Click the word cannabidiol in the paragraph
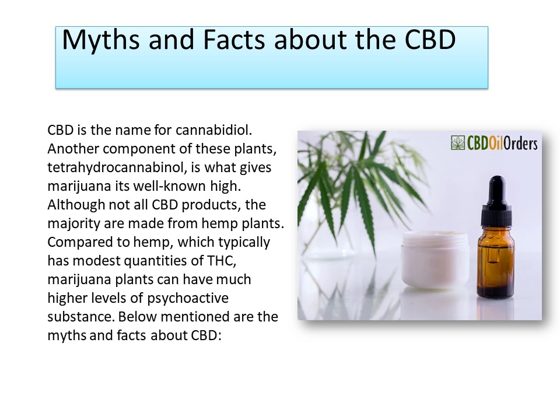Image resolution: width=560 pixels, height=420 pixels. (212, 129)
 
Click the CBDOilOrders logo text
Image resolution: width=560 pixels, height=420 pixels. (502, 143)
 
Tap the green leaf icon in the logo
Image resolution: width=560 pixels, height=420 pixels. (458, 143)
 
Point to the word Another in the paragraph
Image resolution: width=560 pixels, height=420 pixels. (70, 149)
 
